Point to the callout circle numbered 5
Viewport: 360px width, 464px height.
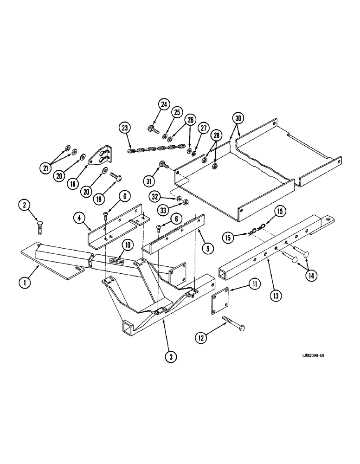point(209,248)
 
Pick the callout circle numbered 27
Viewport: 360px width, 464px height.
point(204,129)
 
